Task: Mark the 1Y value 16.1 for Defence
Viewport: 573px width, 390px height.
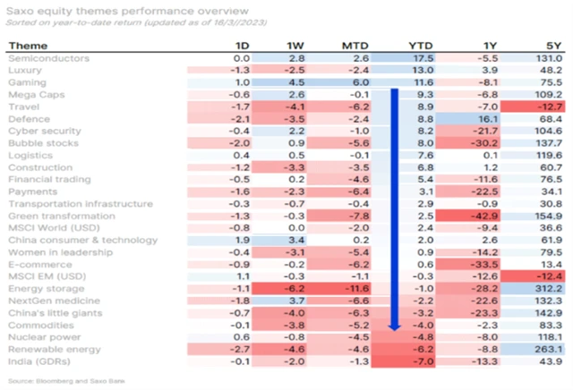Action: [x=487, y=118]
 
